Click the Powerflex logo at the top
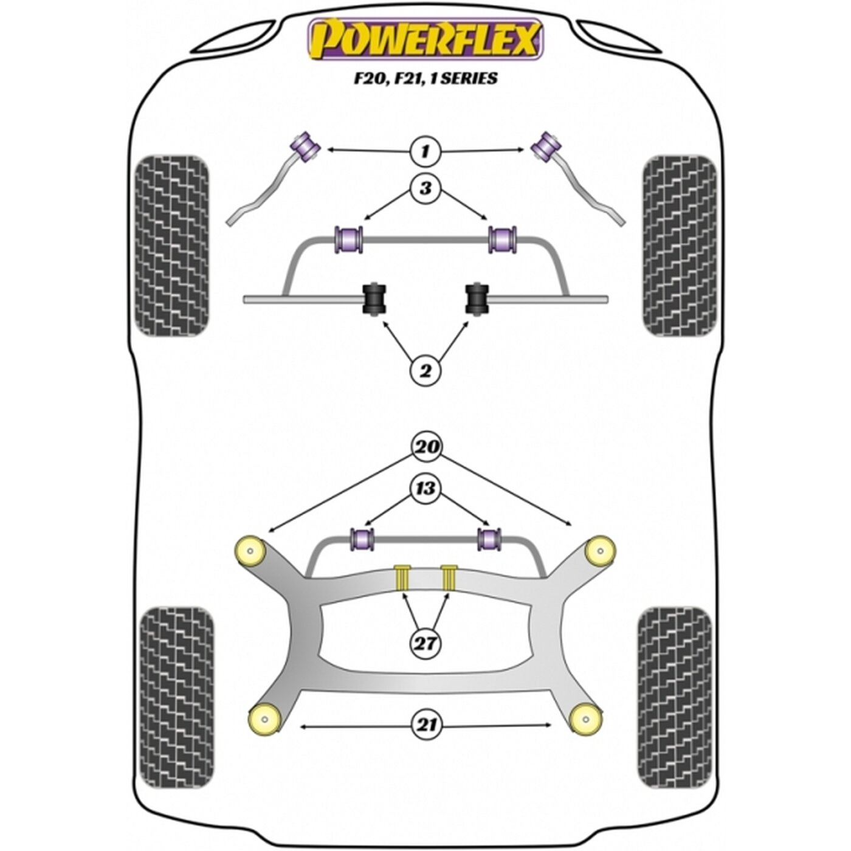pos(425,39)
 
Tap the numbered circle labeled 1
pos(425,152)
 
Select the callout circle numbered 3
pos(425,188)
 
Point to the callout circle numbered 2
pos(425,371)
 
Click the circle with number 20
pos(427,447)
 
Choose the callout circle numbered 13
pos(425,489)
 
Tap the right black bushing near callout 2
pos(477,300)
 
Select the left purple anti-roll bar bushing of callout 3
pos(349,239)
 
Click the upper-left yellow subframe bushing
pos(249,551)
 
